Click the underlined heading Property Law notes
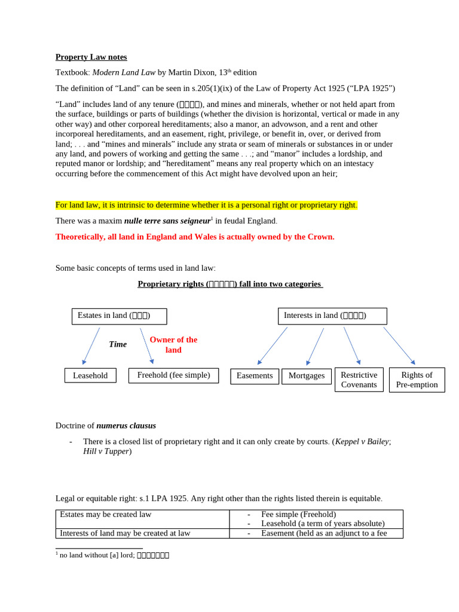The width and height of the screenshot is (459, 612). click(x=91, y=57)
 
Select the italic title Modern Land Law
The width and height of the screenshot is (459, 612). click(x=123, y=72)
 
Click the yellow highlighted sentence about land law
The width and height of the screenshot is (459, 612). click(x=206, y=205)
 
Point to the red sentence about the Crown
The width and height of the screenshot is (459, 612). click(x=195, y=237)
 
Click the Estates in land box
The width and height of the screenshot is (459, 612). click(x=119, y=316)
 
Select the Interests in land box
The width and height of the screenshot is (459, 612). click(x=332, y=316)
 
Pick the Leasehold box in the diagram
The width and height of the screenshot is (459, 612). click(x=90, y=375)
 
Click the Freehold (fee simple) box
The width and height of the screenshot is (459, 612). click(x=173, y=375)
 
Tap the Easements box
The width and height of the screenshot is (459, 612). click(x=255, y=376)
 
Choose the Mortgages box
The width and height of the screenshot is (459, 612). click(x=306, y=376)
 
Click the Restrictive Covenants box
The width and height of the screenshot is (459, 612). click(x=359, y=380)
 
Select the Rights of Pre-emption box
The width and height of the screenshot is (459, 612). click(x=417, y=380)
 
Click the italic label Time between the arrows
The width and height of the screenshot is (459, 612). click(x=118, y=344)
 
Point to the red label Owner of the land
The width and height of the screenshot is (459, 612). click(x=173, y=345)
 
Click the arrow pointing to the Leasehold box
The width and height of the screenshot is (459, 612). click(x=91, y=346)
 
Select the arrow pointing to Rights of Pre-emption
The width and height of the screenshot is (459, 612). click(x=399, y=345)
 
